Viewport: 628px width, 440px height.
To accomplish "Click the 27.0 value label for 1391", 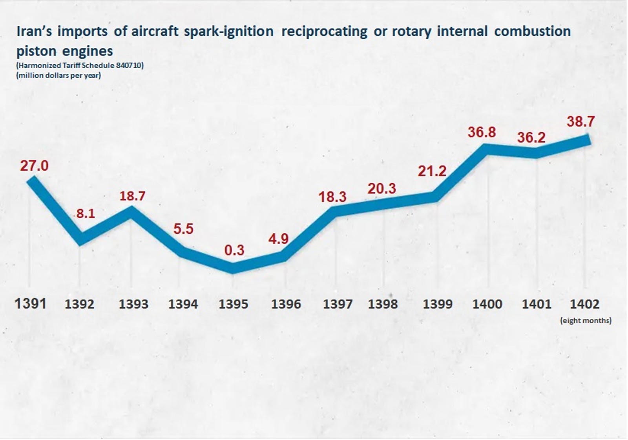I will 35,166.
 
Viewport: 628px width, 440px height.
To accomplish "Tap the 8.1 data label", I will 86,214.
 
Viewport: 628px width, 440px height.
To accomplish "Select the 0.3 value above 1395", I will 234,250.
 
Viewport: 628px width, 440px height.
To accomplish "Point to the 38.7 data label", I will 581,122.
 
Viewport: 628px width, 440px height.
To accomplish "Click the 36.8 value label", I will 482,132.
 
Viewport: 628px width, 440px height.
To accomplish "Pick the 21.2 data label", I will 432,171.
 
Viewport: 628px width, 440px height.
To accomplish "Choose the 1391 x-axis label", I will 31,304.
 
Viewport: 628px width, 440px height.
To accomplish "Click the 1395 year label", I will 233,304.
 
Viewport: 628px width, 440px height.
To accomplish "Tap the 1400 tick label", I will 487,304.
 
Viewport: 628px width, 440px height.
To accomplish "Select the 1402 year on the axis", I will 584,304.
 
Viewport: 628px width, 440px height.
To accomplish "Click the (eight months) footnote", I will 586,321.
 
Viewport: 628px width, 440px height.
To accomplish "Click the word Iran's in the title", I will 35,31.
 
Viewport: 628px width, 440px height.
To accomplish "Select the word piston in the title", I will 37,51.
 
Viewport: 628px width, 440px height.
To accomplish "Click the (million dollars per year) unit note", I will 58,75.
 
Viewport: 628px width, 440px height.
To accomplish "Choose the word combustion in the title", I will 532,31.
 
